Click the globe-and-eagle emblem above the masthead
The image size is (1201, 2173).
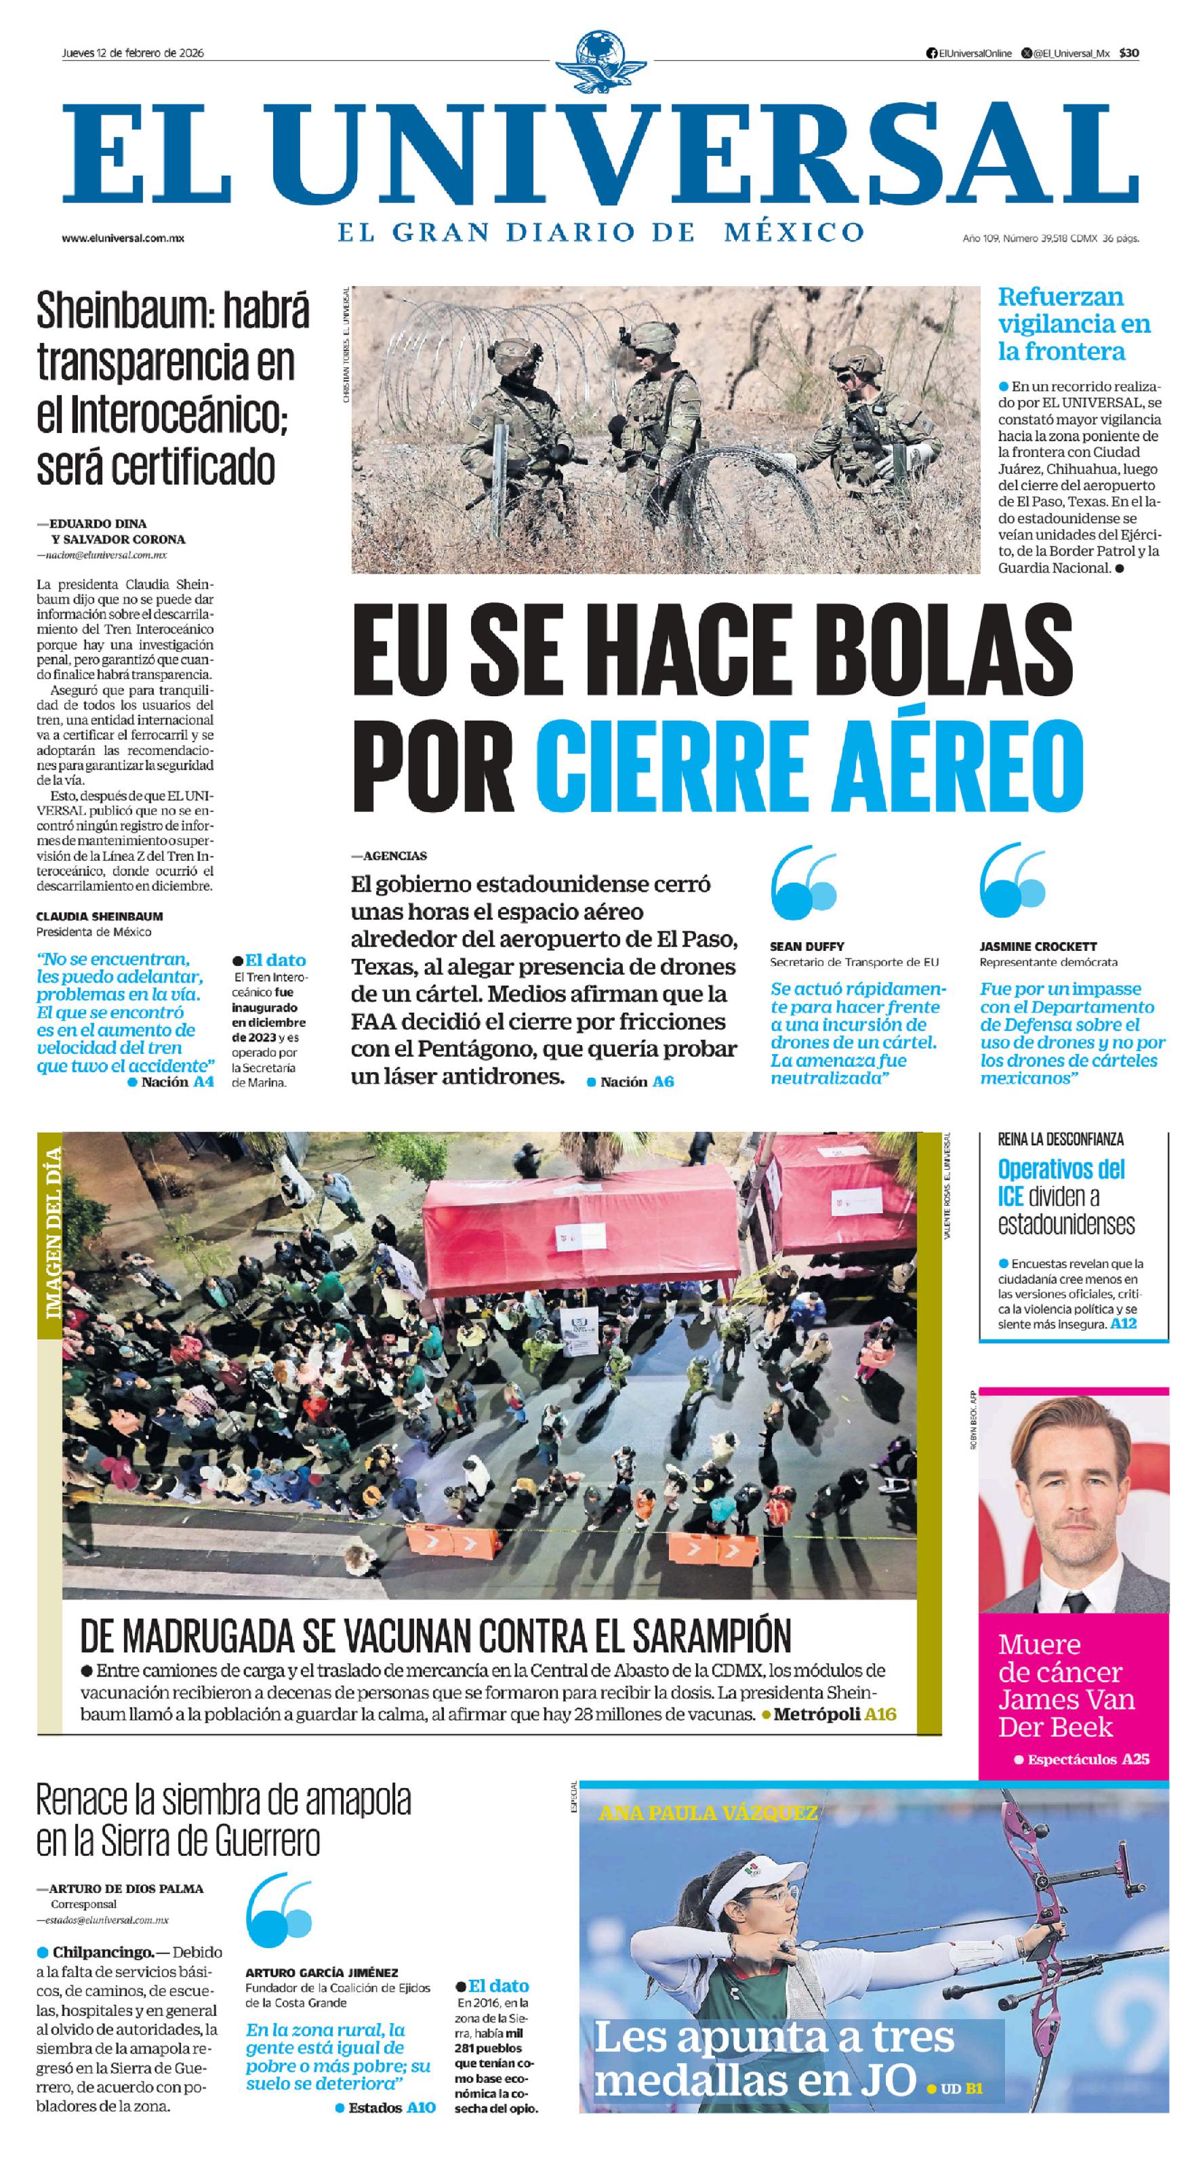pyautogui.click(x=600, y=63)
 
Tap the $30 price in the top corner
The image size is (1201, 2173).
pyautogui.click(x=1128, y=53)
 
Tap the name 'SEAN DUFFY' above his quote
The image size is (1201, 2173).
pyautogui.click(x=807, y=946)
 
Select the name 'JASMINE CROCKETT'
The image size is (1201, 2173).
pyautogui.click(x=1038, y=946)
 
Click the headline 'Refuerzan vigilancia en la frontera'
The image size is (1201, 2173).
pyautogui.click(x=1073, y=323)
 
